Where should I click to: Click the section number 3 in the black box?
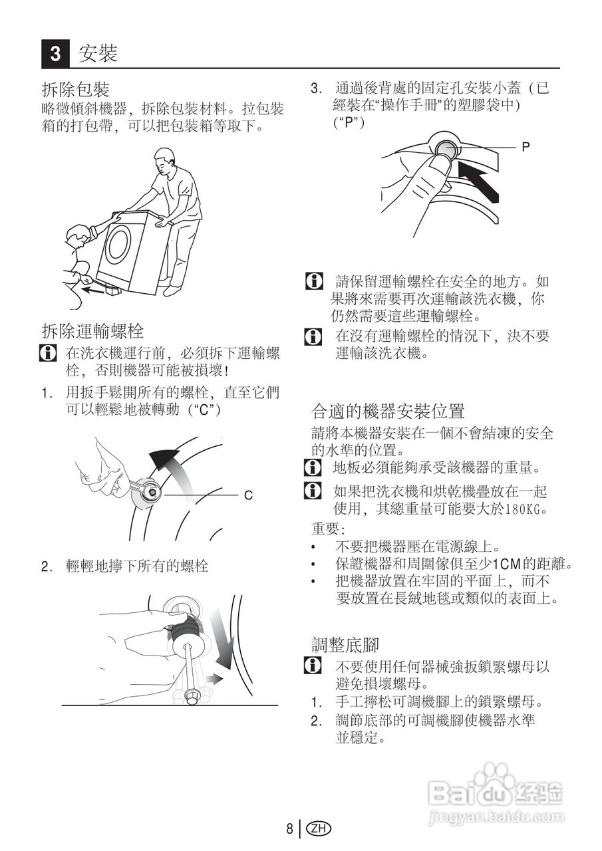56,53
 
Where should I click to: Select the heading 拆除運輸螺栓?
92,330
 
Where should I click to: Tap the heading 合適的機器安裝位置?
388,410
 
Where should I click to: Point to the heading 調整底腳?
345,644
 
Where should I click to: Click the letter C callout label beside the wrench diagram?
247,495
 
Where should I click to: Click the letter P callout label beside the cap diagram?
526,147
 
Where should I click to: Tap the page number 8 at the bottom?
289,828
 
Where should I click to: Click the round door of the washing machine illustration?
119,243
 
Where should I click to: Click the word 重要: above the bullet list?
328,529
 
